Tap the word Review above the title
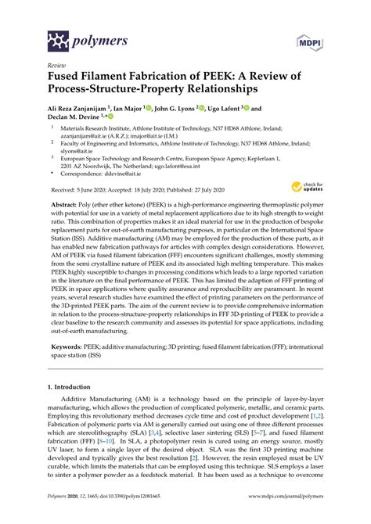coord(57,66)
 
